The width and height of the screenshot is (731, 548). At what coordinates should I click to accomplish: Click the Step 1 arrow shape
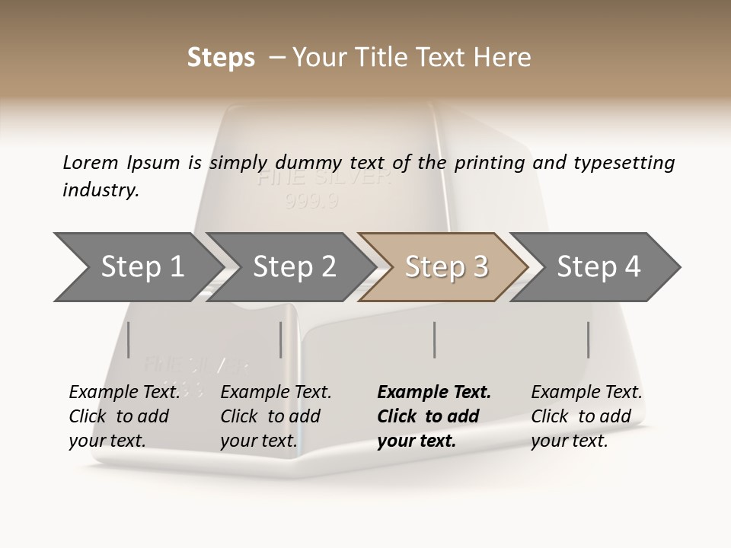(x=142, y=267)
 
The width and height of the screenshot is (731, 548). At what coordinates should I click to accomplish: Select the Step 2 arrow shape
(x=294, y=267)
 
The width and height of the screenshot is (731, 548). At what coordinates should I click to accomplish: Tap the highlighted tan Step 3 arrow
(x=446, y=267)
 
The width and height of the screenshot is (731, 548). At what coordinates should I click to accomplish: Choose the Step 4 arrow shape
(x=599, y=267)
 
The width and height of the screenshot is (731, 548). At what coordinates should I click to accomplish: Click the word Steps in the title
(x=221, y=58)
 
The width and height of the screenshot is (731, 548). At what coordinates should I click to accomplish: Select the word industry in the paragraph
(x=100, y=190)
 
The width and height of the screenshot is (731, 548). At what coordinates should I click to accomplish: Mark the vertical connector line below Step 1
(x=129, y=339)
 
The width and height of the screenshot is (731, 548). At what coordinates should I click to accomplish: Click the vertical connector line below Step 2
(x=281, y=339)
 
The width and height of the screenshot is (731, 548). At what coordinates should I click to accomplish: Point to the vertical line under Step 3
(x=434, y=339)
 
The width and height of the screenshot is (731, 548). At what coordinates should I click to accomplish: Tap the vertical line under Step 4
(x=588, y=339)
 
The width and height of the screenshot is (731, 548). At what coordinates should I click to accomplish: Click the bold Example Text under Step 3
(x=434, y=393)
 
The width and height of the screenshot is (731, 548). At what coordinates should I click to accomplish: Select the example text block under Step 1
(x=123, y=416)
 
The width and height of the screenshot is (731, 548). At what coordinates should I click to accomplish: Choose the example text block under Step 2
(x=275, y=416)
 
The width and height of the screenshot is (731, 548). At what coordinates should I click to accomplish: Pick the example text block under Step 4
(x=586, y=416)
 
